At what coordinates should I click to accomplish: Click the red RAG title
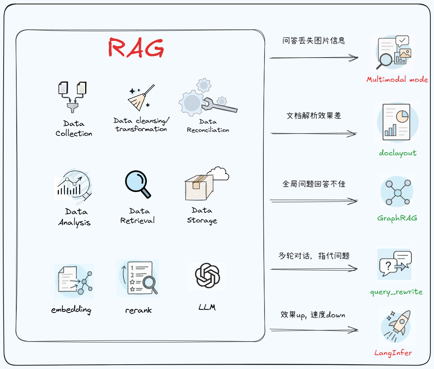click(x=136, y=49)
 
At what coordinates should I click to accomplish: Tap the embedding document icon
click(x=74, y=281)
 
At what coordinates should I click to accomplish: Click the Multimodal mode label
click(x=397, y=79)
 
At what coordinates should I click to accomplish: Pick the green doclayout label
click(x=397, y=153)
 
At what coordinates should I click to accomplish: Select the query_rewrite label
click(x=396, y=292)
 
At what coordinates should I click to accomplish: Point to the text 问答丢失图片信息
click(x=313, y=41)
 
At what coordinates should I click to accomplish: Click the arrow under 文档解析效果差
click(x=313, y=134)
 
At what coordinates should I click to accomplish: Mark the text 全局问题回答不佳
click(x=313, y=184)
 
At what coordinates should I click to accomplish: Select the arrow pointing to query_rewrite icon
click(x=313, y=269)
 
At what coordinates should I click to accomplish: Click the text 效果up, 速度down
click(x=313, y=315)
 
